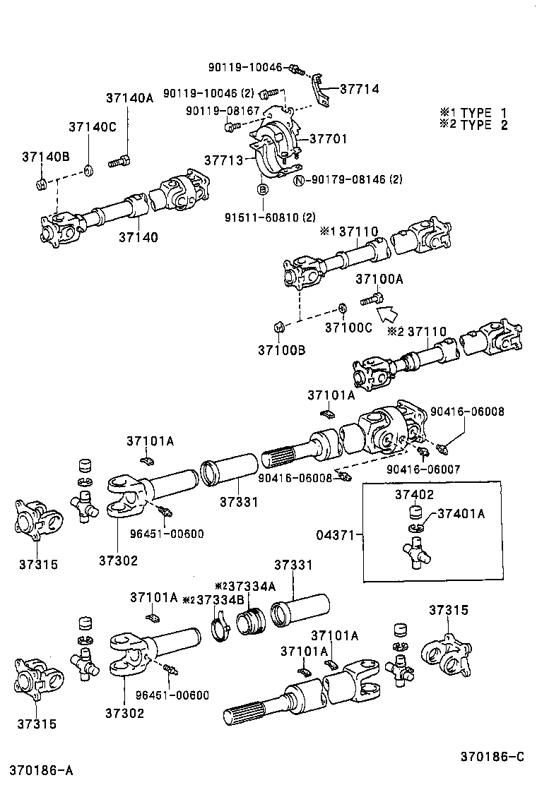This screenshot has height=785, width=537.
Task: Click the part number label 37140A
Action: (129, 98)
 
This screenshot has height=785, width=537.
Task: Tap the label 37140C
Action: (92, 127)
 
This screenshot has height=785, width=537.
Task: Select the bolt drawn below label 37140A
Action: (121, 161)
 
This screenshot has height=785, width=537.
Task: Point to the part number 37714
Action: (359, 89)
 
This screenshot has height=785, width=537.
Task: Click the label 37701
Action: (327, 139)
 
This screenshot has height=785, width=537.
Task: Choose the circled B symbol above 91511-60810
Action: (261, 189)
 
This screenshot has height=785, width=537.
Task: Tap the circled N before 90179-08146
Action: (299, 180)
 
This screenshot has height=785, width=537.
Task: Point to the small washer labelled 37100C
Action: (342, 308)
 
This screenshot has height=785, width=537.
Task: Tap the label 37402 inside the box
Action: (414, 495)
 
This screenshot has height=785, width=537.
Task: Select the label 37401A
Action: (460, 514)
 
